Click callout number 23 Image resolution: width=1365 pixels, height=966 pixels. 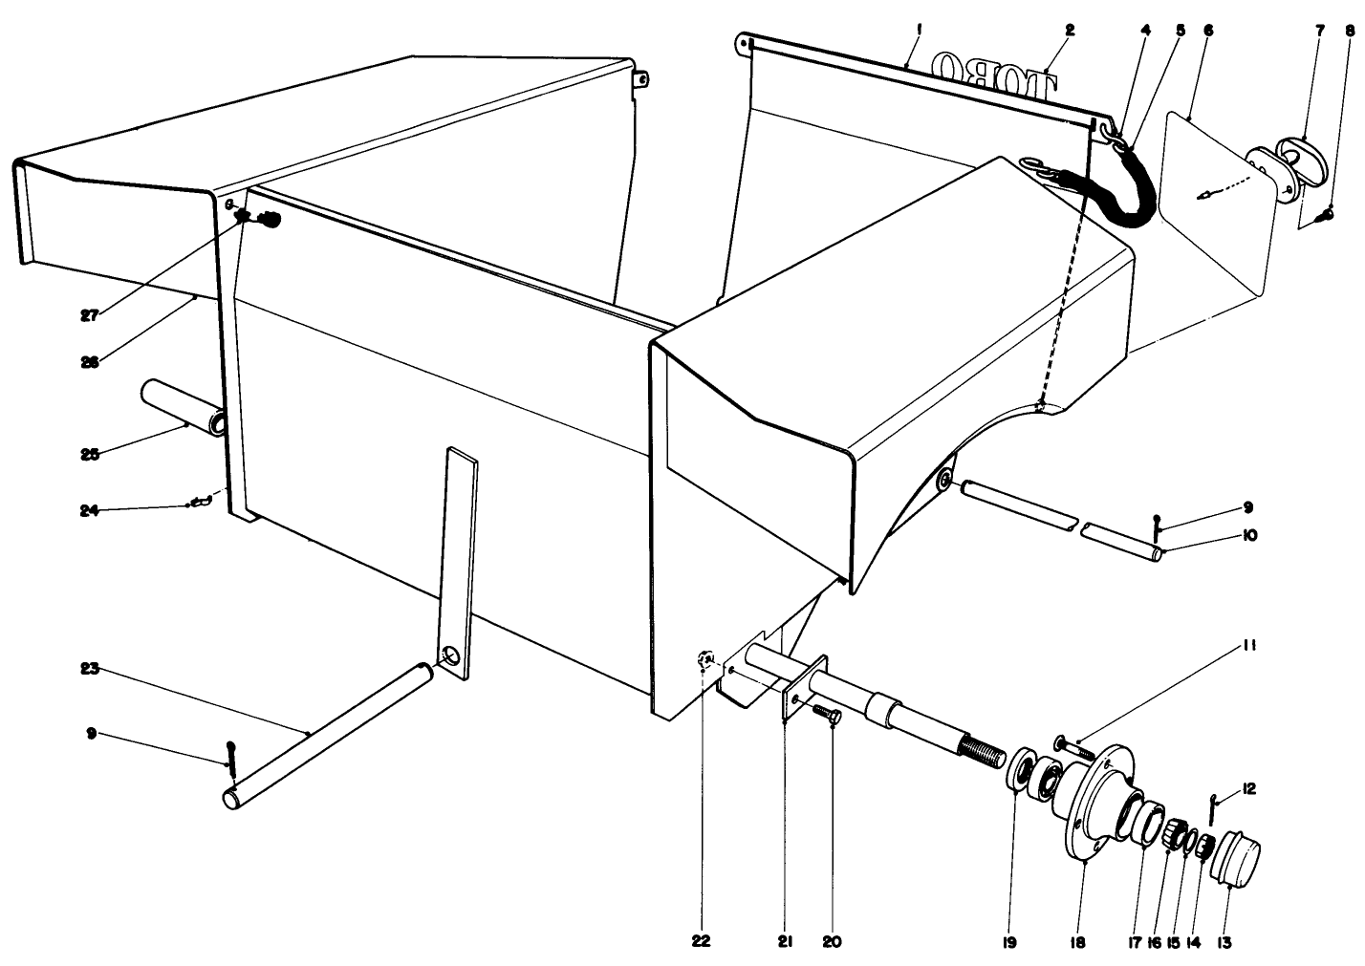click(x=90, y=670)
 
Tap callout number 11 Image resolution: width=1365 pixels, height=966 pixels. click(x=1251, y=646)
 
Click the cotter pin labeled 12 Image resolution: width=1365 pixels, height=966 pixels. click(x=1211, y=805)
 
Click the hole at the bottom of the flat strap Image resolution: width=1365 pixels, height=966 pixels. click(x=449, y=657)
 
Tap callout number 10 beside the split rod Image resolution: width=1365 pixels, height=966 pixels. click(x=1249, y=536)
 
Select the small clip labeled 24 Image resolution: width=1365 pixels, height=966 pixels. click(x=201, y=501)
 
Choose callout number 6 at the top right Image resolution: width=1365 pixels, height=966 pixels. click(x=1208, y=31)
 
